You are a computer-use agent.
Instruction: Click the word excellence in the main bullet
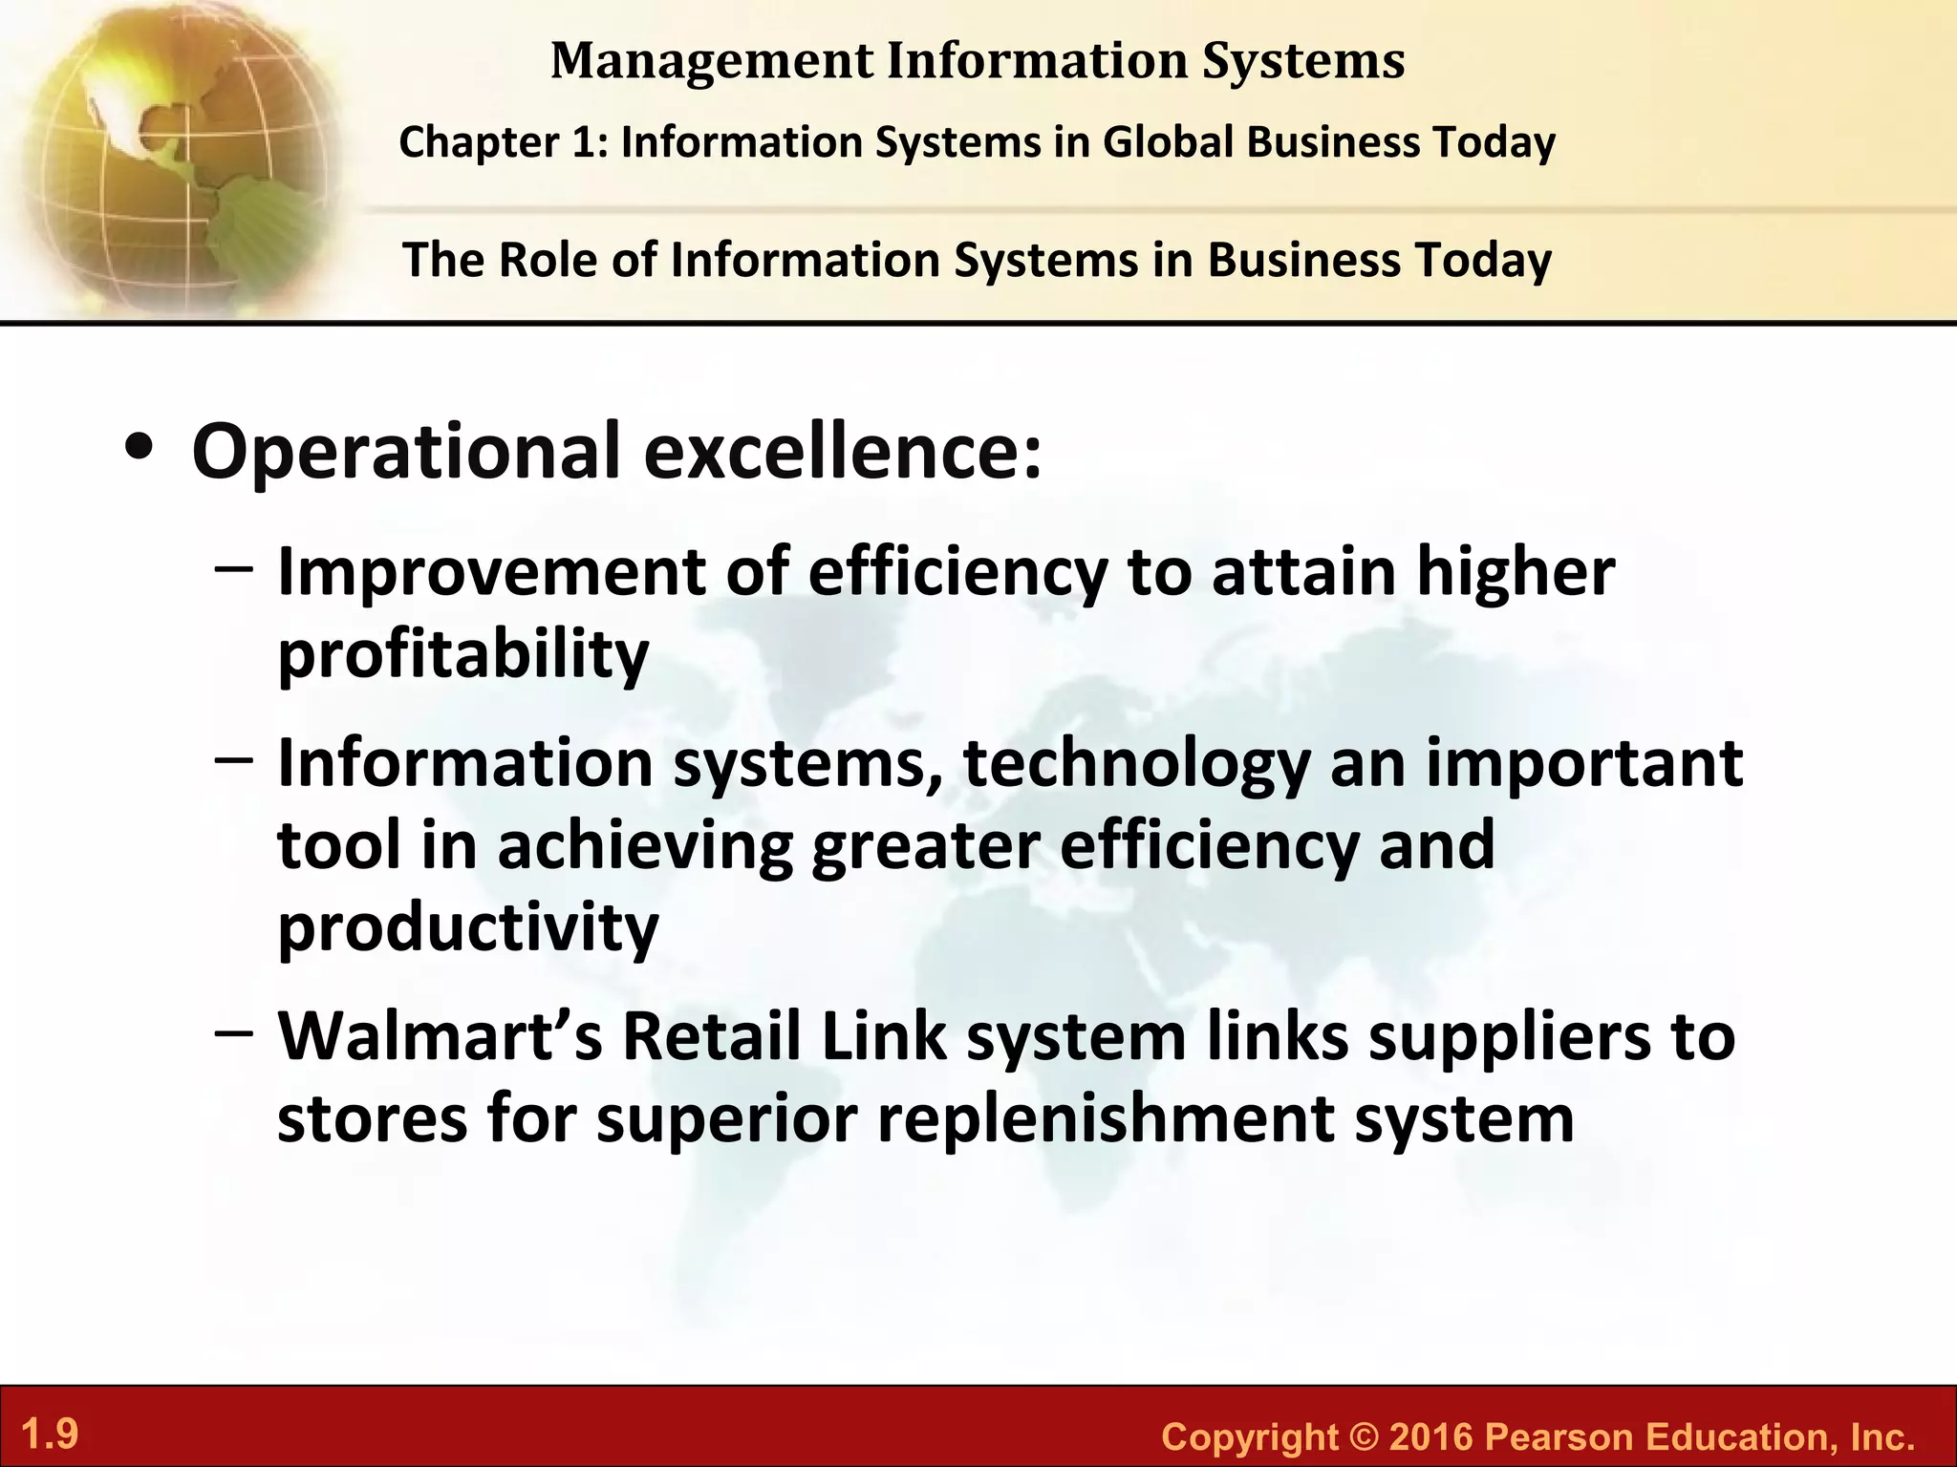click(x=843, y=451)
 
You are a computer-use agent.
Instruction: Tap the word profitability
click(x=462, y=655)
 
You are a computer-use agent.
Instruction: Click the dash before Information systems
click(x=235, y=761)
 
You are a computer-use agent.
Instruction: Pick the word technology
click(x=1136, y=765)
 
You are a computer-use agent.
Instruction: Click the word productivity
click(x=468, y=927)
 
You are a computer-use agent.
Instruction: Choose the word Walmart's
click(x=440, y=1036)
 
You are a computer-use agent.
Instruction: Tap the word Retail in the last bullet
click(x=711, y=1036)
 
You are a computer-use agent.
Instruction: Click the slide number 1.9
click(x=50, y=1435)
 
